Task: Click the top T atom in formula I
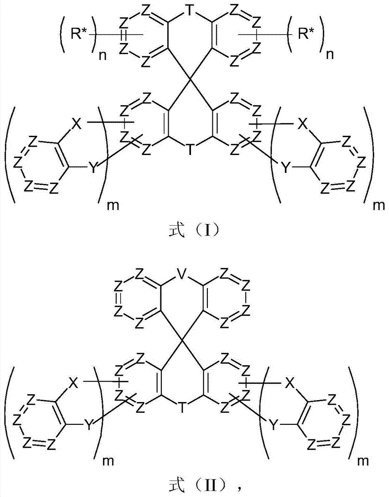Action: pos(190,11)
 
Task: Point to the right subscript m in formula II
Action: pos(366,461)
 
